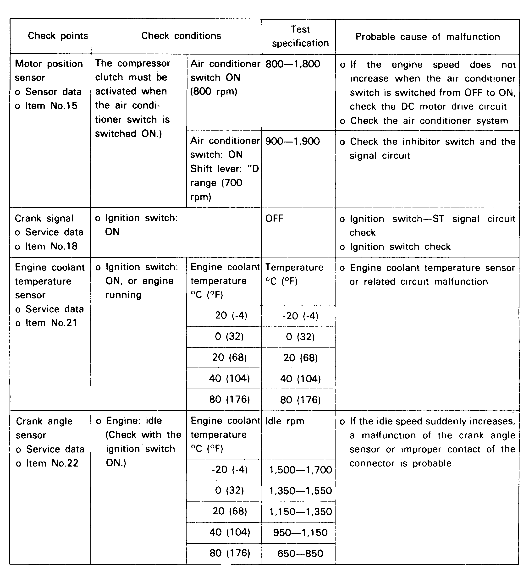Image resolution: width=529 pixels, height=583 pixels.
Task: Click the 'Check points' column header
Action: tap(58, 36)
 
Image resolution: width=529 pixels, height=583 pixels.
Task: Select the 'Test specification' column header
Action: tap(300, 36)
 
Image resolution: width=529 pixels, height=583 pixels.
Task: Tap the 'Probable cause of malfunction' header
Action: tap(427, 37)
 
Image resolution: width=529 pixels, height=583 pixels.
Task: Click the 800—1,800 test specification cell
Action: tap(293, 64)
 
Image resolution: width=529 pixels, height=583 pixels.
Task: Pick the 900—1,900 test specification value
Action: tap(292, 141)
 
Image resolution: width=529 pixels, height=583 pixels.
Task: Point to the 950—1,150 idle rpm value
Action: tap(300, 532)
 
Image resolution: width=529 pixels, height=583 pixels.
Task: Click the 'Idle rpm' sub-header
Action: tap(285, 421)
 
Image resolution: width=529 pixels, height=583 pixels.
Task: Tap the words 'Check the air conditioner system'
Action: tap(429, 121)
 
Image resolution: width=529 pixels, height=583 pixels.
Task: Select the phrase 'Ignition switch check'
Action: tap(400, 247)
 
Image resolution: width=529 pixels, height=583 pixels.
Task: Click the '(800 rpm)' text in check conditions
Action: tap(214, 92)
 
